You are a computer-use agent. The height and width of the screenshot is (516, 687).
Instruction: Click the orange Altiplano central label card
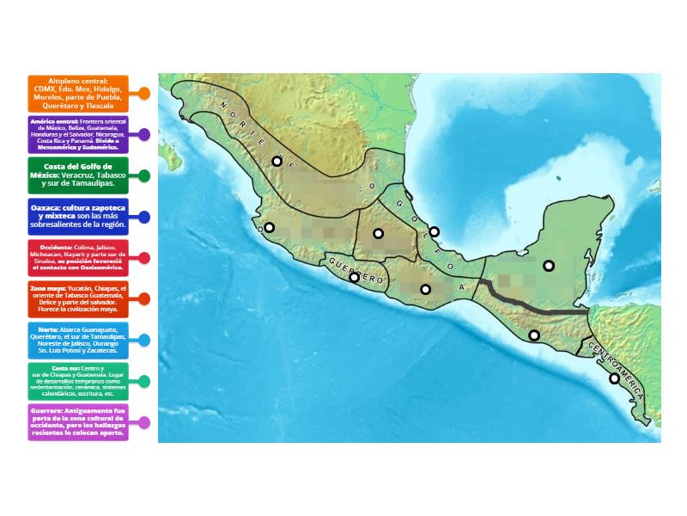(x=77, y=93)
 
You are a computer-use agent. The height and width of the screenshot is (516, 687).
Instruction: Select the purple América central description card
(x=77, y=134)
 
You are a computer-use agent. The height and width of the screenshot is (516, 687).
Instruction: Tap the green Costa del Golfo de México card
(x=77, y=175)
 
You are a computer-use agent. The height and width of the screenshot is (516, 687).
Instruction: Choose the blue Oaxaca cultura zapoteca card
(x=77, y=217)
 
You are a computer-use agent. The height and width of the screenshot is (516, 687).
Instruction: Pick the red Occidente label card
(x=77, y=257)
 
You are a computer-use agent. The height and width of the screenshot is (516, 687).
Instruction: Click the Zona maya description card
(x=77, y=299)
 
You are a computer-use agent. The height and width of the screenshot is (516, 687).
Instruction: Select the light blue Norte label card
(x=77, y=340)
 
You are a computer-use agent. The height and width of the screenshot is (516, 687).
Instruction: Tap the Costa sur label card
(x=77, y=381)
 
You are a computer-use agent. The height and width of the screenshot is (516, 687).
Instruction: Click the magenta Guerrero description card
(x=77, y=422)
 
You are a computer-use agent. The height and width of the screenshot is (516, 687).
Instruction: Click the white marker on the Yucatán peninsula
(x=549, y=266)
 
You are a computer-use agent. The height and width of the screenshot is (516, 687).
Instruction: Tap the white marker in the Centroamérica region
(x=615, y=378)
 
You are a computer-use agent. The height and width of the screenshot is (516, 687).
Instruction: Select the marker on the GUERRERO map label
(x=354, y=277)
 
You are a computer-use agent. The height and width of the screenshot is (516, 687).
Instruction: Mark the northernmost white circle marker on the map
(x=277, y=161)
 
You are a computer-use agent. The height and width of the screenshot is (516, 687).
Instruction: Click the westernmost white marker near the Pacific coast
(x=269, y=228)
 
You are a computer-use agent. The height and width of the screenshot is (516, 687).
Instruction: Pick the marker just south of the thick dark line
(x=534, y=335)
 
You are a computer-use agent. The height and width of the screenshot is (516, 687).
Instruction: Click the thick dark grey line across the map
(x=532, y=310)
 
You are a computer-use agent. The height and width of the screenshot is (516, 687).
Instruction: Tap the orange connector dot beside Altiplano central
(x=144, y=93)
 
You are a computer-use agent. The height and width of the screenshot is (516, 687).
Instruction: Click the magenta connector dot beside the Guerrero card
(x=144, y=422)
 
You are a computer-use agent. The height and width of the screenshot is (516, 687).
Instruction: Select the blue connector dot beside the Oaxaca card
(x=144, y=217)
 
